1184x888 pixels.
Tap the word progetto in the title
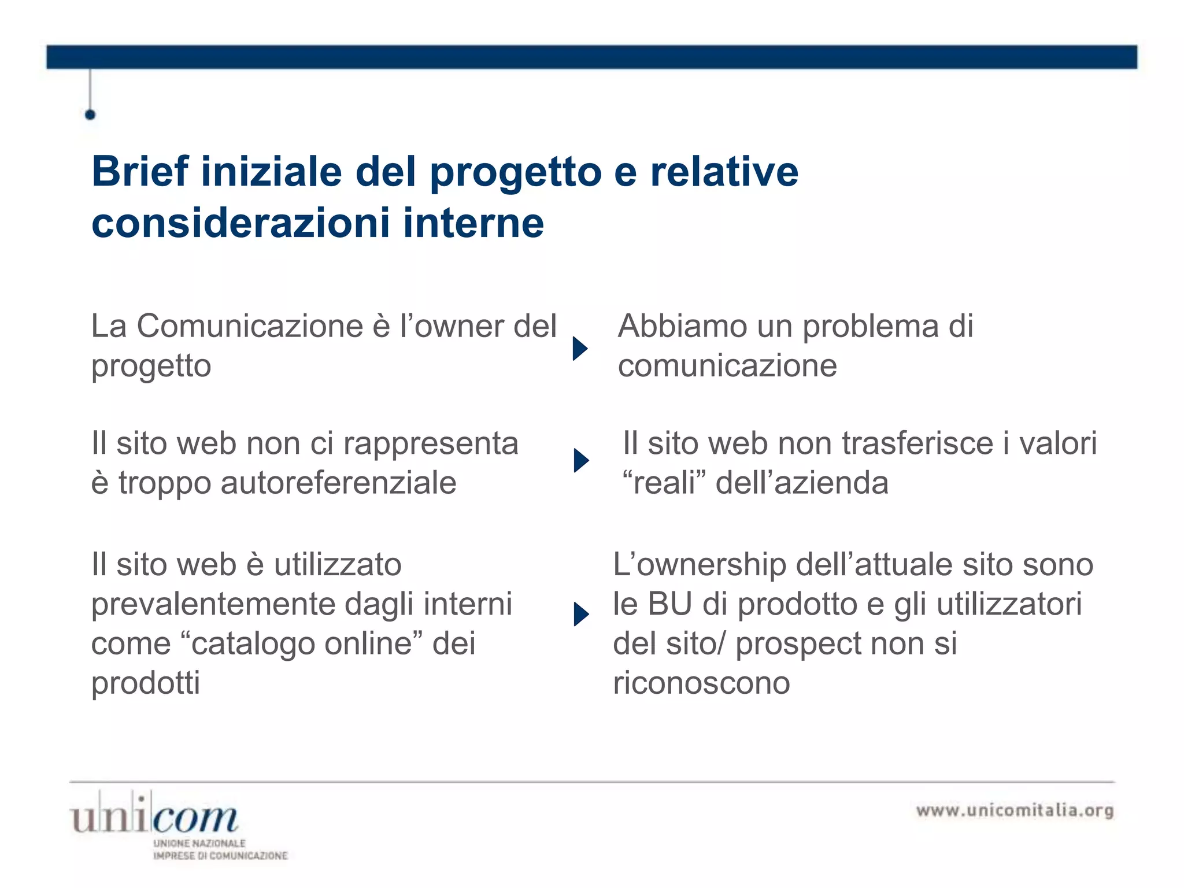click(x=516, y=173)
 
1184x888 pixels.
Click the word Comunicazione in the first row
click(x=250, y=326)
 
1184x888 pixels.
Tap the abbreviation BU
click(x=669, y=604)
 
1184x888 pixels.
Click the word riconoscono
click(x=701, y=683)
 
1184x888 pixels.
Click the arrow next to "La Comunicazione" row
click(x=580, y=349)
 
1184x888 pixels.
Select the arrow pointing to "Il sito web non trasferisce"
click(x=581, y=461)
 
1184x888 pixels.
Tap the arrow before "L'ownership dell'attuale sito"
click(x=581, y=614)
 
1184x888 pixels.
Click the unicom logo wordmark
click(x=154, y=817)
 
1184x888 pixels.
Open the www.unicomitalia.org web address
click(x=1015, y=811)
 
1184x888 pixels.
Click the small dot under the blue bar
click(x=90, y=114)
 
